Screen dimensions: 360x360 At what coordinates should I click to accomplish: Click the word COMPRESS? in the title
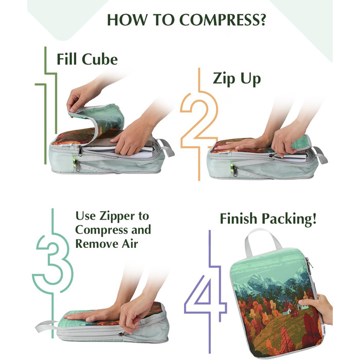click(x=222, y=20)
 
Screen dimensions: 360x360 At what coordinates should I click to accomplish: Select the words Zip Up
click(x=237, y=79)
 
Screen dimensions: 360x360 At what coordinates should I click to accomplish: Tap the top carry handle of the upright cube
click(x=262, y=241)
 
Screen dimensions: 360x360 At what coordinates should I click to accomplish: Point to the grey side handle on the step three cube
click(x=45, y=326)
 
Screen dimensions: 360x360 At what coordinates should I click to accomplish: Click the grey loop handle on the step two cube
click(x=320, y=154)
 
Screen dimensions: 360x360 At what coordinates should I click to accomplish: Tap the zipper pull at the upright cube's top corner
click(x=309, y=263)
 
